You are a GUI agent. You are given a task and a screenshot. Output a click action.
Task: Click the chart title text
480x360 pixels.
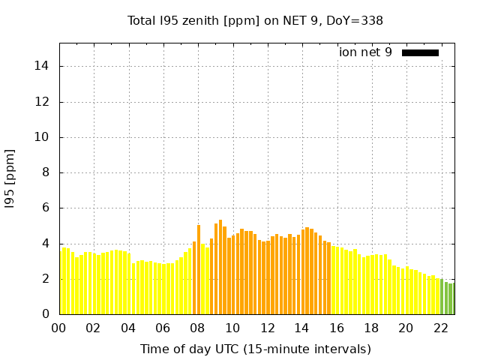tap(256, 20)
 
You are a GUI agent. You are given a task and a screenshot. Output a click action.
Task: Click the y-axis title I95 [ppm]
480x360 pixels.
tap(10, 179)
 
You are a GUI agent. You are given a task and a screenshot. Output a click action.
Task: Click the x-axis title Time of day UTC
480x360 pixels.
tap(256, 349)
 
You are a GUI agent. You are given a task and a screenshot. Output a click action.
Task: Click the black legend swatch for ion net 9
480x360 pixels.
tap(420, 52)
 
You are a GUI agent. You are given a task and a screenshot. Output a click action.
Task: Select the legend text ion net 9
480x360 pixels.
tap(365, 52)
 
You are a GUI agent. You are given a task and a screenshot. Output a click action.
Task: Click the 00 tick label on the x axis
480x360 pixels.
tap(58, 328)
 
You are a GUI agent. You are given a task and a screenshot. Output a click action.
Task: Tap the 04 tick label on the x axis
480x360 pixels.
tap(128, 328)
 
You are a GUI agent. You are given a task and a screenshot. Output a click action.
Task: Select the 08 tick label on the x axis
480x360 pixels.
tap(197, 328)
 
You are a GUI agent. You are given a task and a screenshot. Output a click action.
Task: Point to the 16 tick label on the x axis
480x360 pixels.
tap(336, 328)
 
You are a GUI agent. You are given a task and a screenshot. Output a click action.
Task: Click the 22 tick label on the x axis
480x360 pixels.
tap(440, 328)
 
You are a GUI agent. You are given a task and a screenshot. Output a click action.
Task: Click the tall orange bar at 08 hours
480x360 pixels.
tap(199, 270)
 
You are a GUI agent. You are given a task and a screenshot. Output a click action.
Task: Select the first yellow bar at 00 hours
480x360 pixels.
tap(61, 281)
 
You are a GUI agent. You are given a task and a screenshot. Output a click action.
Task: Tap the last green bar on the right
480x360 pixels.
tap(451, 298)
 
